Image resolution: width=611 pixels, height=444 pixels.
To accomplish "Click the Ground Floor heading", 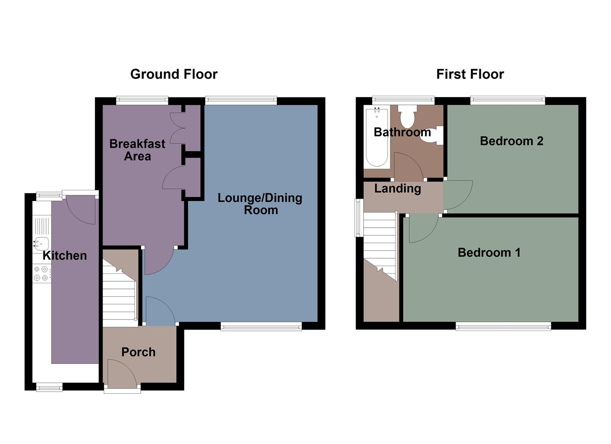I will (174, 74).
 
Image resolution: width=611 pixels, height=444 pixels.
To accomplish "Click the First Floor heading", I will (470, 74).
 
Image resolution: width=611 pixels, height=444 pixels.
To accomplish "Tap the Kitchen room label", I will (65, 255).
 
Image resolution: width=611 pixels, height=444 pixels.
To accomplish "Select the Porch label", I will (138, 352).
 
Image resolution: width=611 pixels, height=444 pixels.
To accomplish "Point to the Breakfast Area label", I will (137, 150).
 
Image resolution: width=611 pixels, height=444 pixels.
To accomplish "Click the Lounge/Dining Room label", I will (260, 204).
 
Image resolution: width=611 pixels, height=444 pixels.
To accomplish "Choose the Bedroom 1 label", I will (489, 252).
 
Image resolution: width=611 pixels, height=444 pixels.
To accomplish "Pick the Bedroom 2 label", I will (511, 141).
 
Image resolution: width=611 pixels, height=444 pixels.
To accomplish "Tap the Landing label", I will (397, 188).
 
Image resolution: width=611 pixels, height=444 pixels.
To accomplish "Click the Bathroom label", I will (402, 132).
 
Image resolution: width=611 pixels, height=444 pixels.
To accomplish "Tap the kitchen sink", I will (41, 244).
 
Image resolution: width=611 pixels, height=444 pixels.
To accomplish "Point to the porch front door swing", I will (120, 372).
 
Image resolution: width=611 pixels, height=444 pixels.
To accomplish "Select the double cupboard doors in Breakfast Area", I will (177, 127).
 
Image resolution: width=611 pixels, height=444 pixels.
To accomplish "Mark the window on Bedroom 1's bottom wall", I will (503, 327).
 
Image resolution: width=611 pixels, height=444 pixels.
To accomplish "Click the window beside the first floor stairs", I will (359, 218).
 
